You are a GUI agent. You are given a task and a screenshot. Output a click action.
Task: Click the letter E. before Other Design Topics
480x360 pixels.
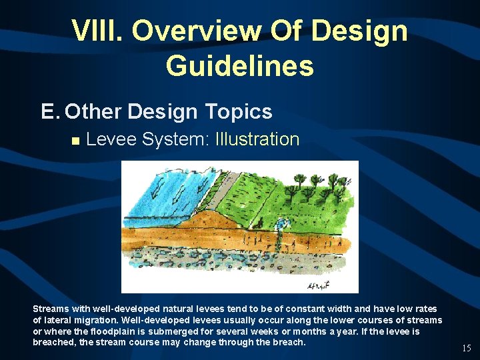click(x=50, y=111)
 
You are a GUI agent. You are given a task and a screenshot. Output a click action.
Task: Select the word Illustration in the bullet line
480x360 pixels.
click(x=257, y=139)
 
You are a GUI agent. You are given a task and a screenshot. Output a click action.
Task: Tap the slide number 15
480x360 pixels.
click(x=466, y=348)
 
